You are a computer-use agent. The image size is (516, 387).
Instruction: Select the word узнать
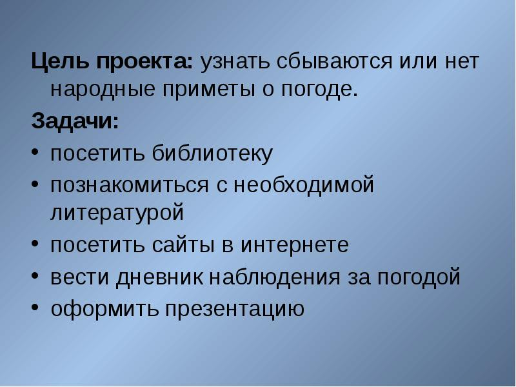(x=235, y=63)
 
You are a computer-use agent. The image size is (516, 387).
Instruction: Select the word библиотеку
(x=213, y=154)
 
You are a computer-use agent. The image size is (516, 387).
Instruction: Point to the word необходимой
(x=303, y=186)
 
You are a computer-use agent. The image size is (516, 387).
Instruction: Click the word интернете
(x=295, y=246)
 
